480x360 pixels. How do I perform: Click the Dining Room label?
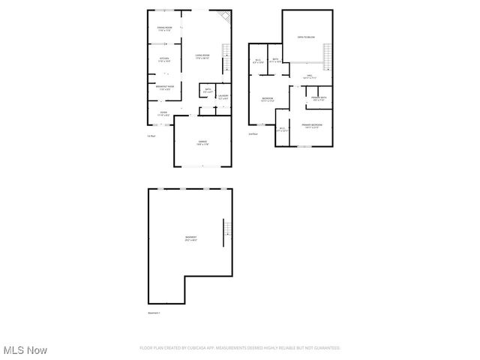(164, 29)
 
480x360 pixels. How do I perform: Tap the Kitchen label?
(163, 60)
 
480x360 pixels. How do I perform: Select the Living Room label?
(202, 56)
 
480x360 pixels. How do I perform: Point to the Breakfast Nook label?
(166, 88)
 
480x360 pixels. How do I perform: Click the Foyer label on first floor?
(163, 114)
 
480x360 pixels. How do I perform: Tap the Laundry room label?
(223, 97)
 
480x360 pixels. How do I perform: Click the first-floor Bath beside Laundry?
(208, 91)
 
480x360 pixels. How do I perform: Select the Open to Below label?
(305, 36)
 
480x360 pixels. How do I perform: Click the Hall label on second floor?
(309, 76)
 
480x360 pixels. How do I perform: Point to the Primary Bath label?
(319, 99)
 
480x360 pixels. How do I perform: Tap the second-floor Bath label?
(275, 61)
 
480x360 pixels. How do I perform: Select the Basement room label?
(190, 239)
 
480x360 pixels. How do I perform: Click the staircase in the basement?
(223, 233)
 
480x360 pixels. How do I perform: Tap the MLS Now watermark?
(25, 350)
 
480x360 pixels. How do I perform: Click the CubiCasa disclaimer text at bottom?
(240, 348)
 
